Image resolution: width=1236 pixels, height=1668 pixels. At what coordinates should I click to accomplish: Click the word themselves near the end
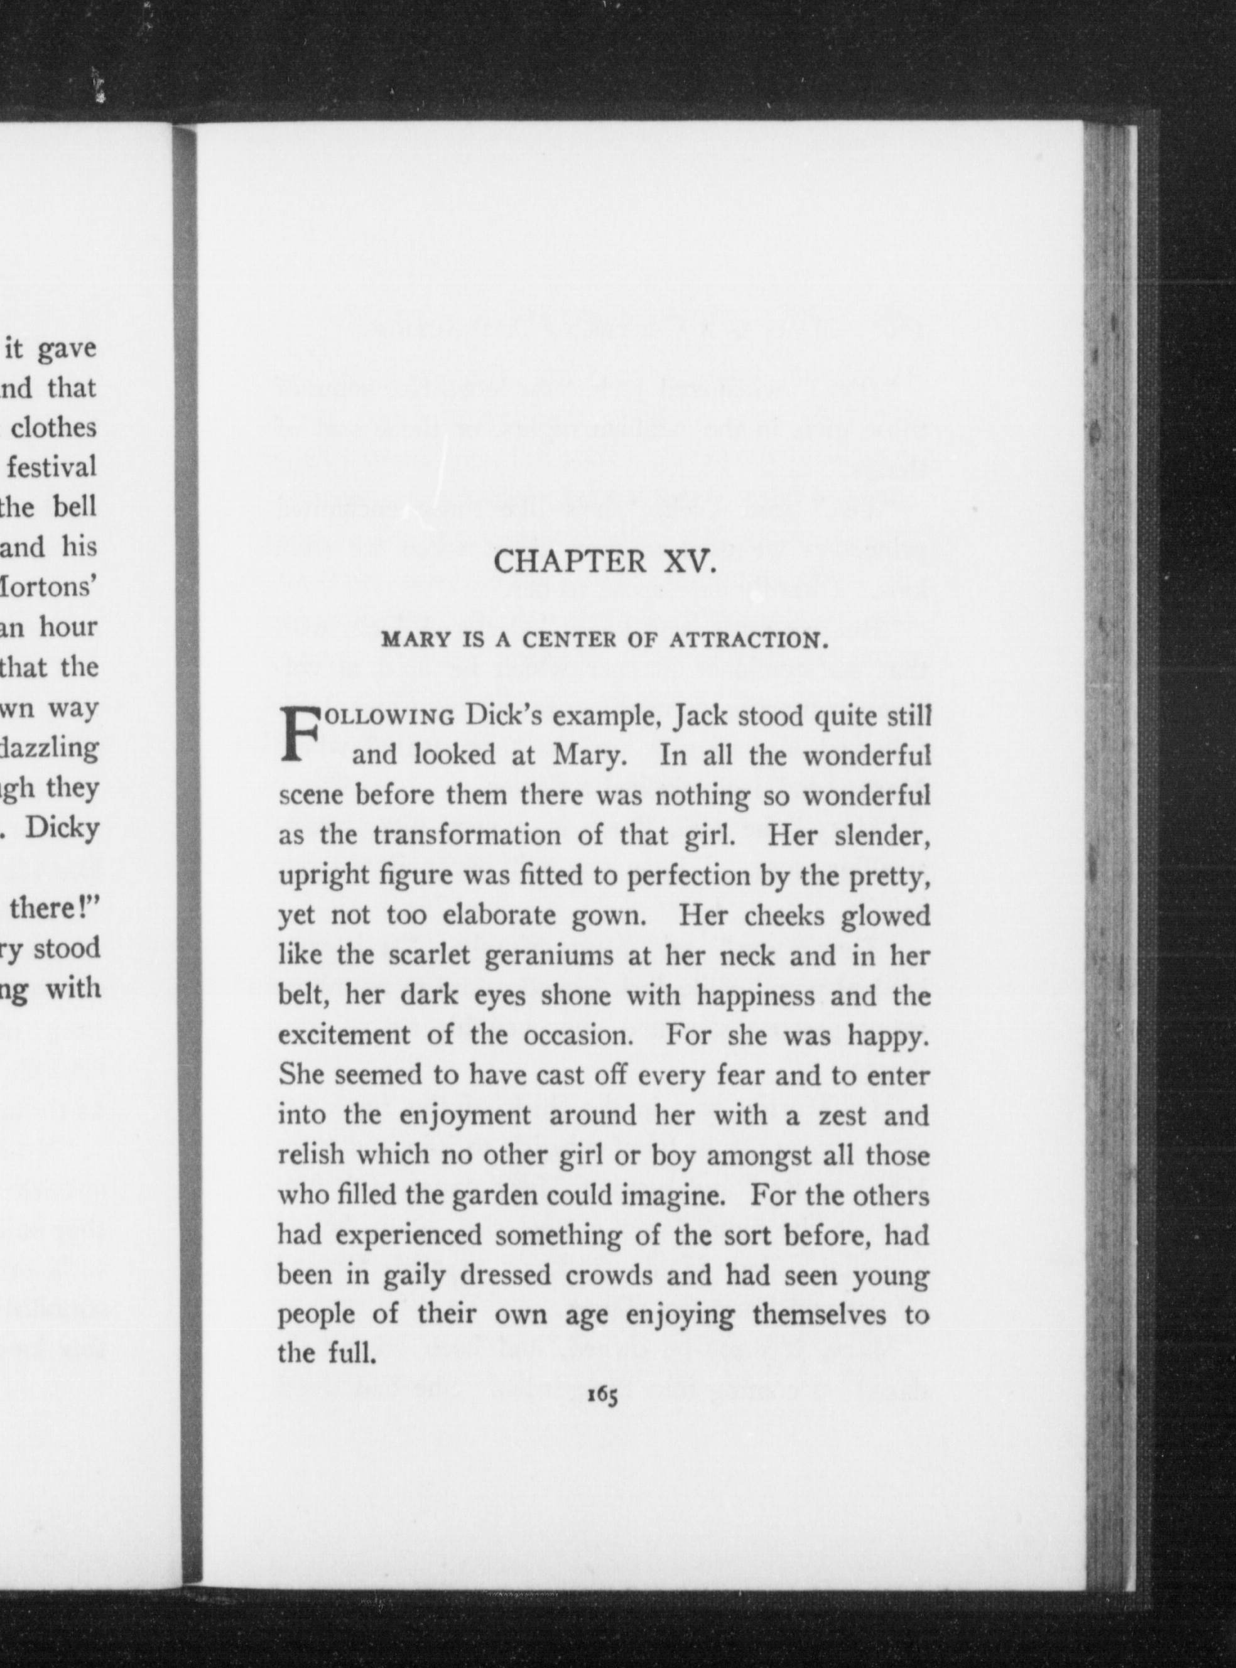click(818, 1315)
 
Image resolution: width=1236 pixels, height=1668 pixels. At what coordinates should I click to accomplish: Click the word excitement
click(344, 1036)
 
